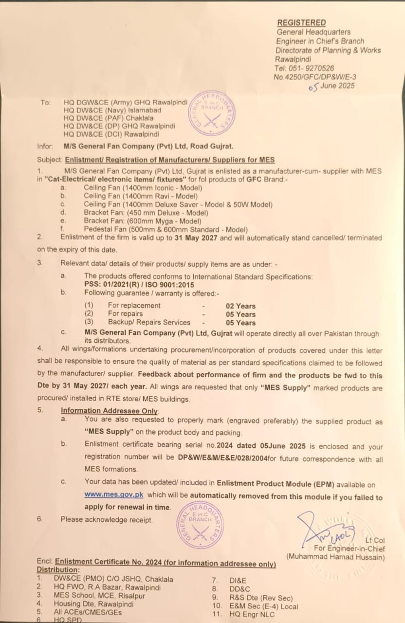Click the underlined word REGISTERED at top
pyautogui.click(x=301, y=23)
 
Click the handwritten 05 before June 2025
pyautogui.click(x=314, y=87)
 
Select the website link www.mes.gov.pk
pyautogui.click(x=113, y=495)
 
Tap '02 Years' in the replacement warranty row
pyautogui.click(x=240, y=306)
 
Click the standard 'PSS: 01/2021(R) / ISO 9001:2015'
pyautogui.click(x=139, y=284)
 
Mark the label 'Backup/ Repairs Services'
pyautogui.click(x=149, y=323)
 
